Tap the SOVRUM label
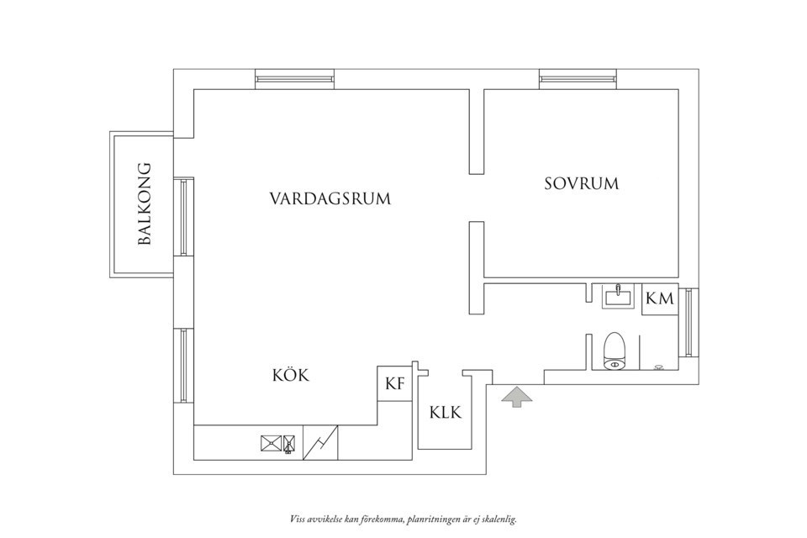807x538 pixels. click(x=581, y=183)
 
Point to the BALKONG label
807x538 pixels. click(x=144, y=203)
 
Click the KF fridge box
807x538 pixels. click(x=394, y=385)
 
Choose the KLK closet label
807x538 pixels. click(x=446, y=413)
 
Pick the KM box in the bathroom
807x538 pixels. click(x=660, y=299)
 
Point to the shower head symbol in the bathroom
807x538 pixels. click(x=658, y=367)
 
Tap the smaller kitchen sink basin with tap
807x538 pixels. click(x=289, y=443)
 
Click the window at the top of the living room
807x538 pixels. click(x=298, y=79)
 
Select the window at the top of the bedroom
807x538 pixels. click(x=581, y=79)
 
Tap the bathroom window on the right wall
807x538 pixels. click(x=689, y=323)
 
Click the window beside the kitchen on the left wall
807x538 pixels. click(x=183, y=366)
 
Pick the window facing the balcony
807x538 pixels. click(x=183, y=217)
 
